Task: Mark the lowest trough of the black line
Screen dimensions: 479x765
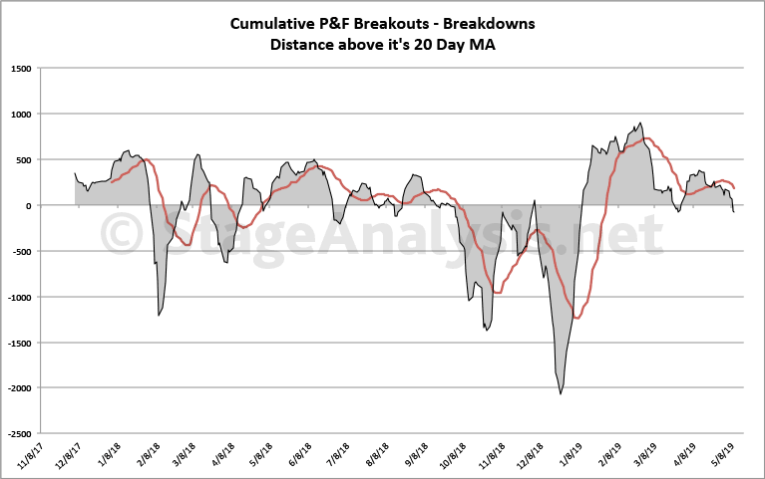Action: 561,394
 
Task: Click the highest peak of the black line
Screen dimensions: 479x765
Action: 640,123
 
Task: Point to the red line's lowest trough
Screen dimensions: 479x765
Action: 577,318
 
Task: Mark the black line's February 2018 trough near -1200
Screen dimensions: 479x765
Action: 159,316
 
